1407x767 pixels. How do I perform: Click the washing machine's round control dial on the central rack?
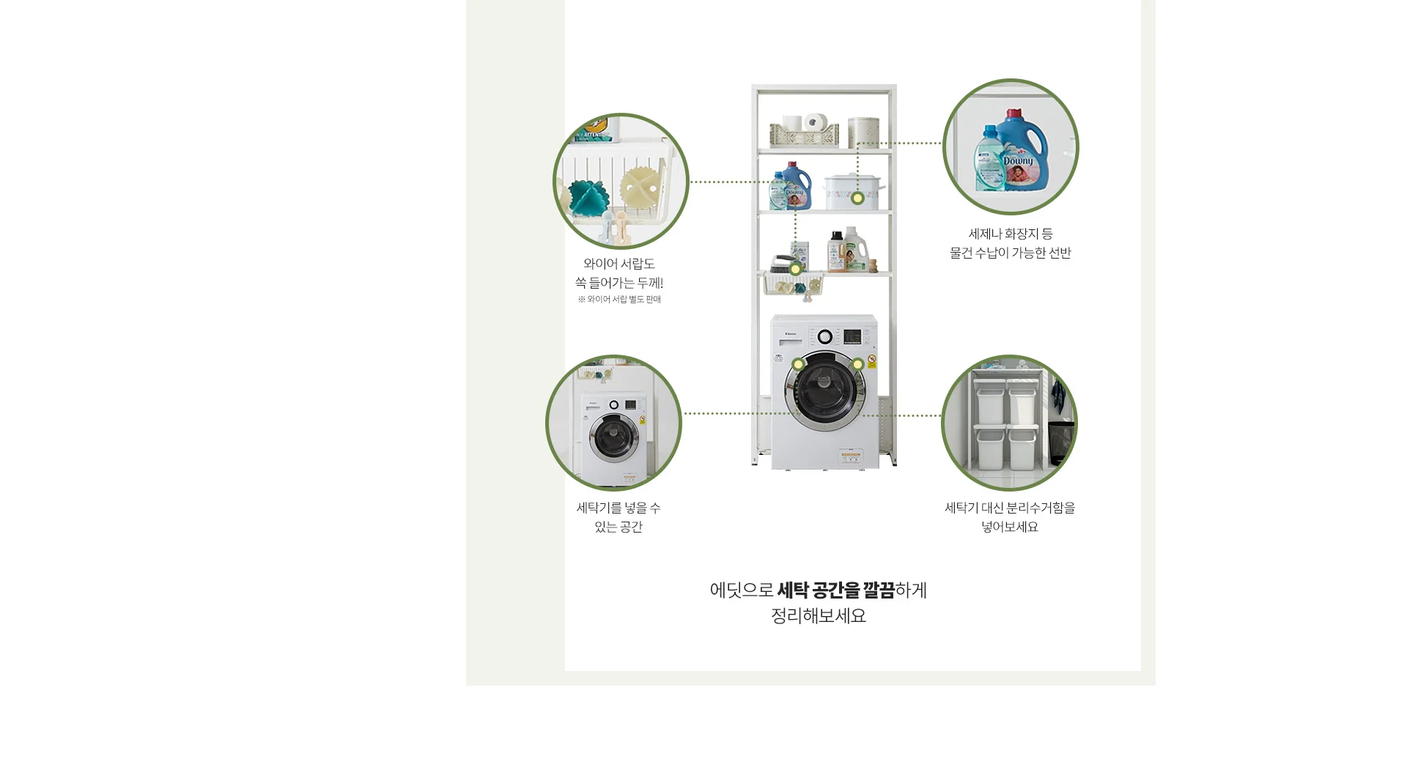825,337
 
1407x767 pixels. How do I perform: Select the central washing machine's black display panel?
852,337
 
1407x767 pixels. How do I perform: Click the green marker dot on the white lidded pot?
857,198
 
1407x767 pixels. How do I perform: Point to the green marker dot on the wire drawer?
795,269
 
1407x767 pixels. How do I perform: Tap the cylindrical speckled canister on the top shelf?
863,133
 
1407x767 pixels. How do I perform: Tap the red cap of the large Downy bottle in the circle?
1013,115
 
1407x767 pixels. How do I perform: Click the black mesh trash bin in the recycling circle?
1060,442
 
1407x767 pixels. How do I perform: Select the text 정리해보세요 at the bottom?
819,616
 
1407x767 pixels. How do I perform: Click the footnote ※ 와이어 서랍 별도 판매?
619,300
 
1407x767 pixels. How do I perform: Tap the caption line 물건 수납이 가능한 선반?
1011,253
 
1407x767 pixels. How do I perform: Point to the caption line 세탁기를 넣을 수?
618,508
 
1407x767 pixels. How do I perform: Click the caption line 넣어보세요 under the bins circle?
1010,527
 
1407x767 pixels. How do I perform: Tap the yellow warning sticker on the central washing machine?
872,362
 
